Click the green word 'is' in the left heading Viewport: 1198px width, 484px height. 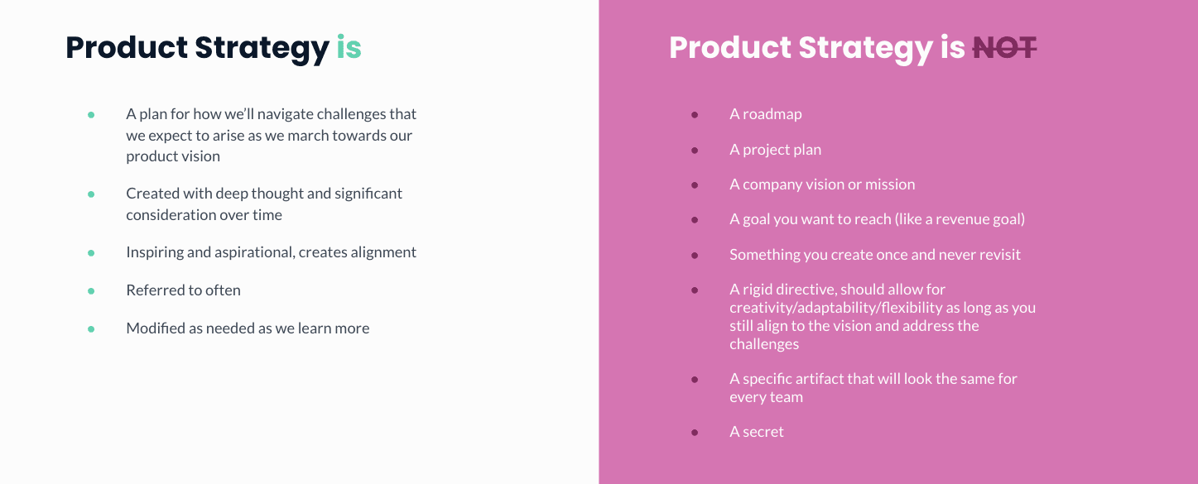click(x=349, y=48)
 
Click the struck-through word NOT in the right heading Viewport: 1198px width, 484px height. click(x=1004, y=48)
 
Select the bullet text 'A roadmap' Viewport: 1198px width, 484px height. click(x=765, y=114)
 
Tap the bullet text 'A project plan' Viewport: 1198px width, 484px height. click(x=775, y=150)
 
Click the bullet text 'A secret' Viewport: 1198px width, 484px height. click(x=756, y=432)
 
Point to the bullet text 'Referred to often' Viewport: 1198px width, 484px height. click(x=183, y=290)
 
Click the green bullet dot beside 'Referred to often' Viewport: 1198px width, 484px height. click(x=91, y=291)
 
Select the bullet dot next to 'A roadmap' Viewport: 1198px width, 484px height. click(x=695, y=115)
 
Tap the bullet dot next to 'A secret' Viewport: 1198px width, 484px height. click(x=695, y=433)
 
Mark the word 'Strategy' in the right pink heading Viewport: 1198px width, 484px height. click(x=865, y=48)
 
